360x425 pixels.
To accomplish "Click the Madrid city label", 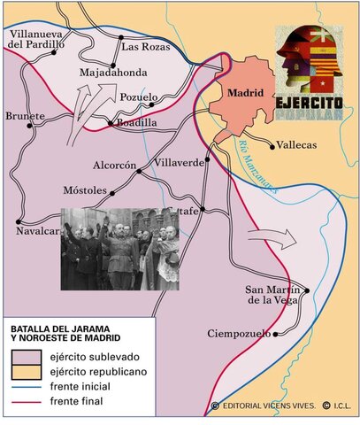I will point(246,91).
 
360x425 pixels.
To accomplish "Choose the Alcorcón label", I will point(115,166).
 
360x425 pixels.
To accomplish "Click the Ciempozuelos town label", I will point(240,334).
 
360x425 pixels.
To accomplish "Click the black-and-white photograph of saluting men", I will point(119,249).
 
